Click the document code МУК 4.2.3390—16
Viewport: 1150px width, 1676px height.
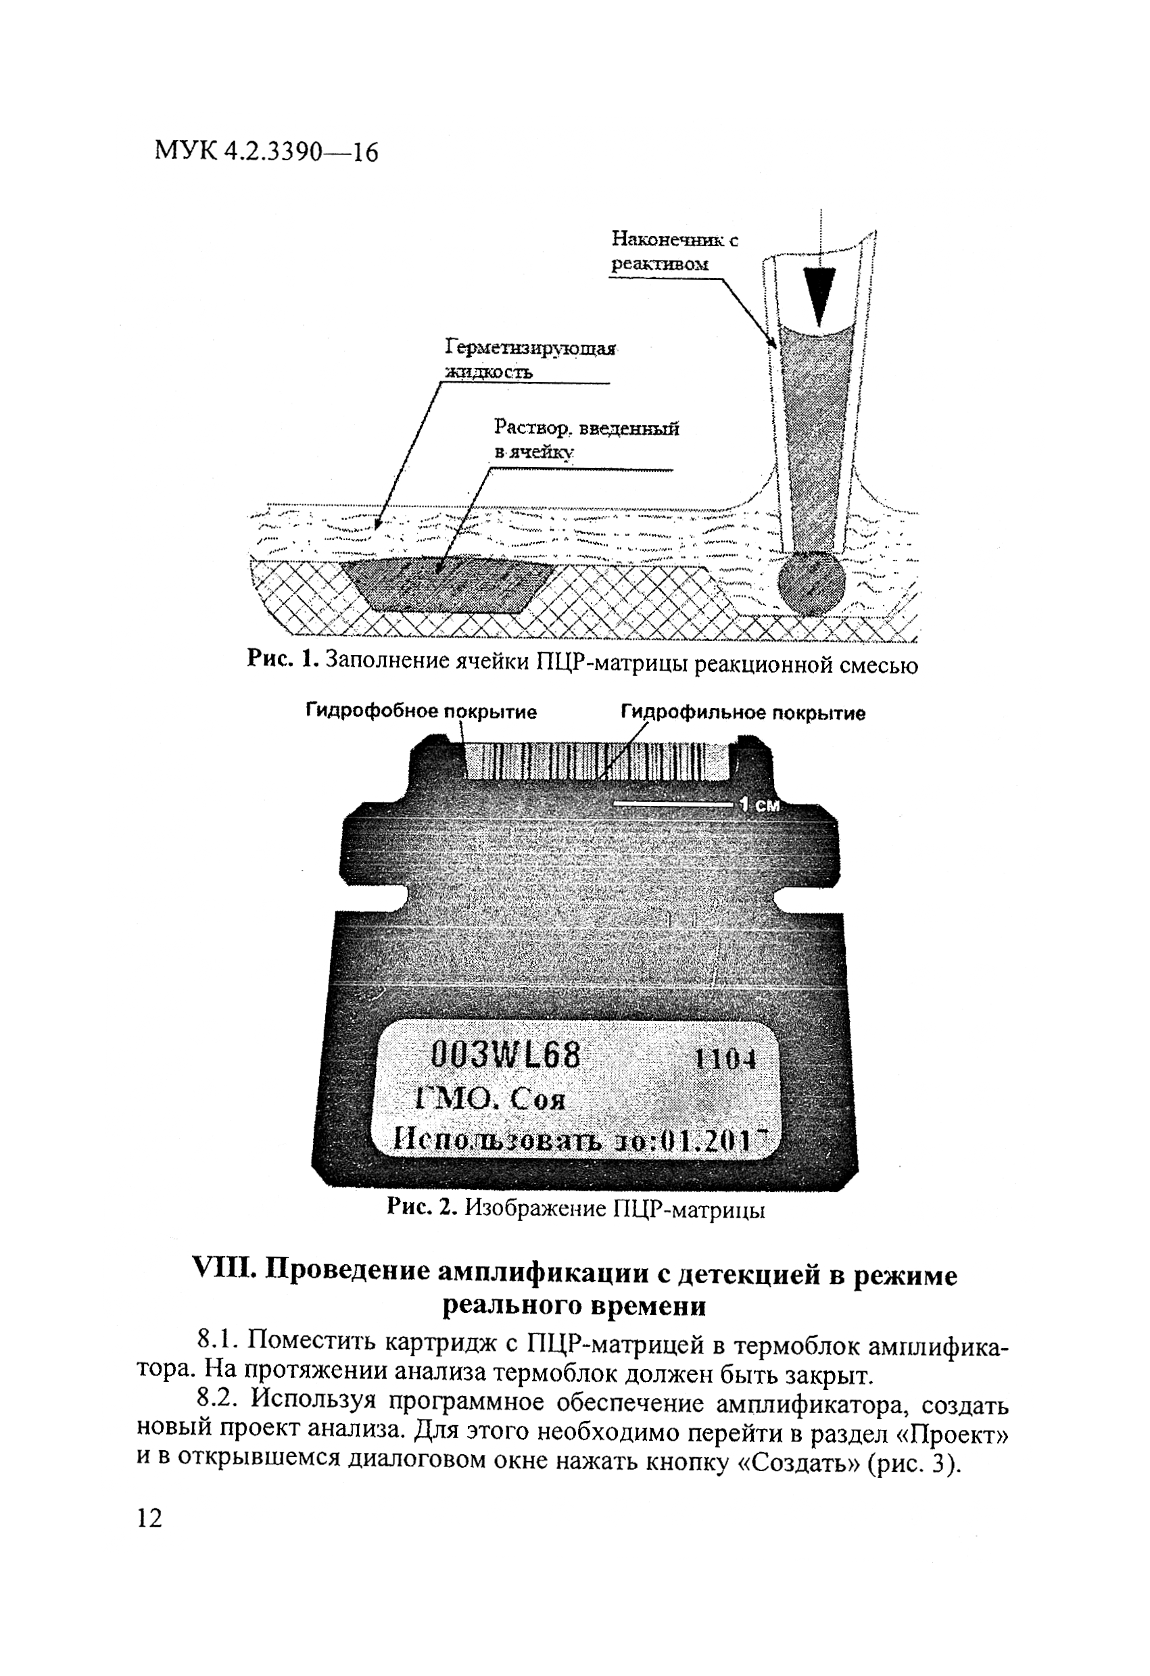[x=266, y=152]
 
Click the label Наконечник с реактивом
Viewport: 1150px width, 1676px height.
[x=674, y=251]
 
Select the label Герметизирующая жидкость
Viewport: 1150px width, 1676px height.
[x=530, y=359]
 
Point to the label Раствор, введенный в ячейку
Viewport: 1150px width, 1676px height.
[x=585, y=439]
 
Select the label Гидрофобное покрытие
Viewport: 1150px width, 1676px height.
[x=421, y=713]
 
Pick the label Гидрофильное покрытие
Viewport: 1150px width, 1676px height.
[x=742, y=713]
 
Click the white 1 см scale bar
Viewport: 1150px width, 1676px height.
[x=673, y=804]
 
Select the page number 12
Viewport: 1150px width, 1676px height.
[x=149, y=1515]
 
